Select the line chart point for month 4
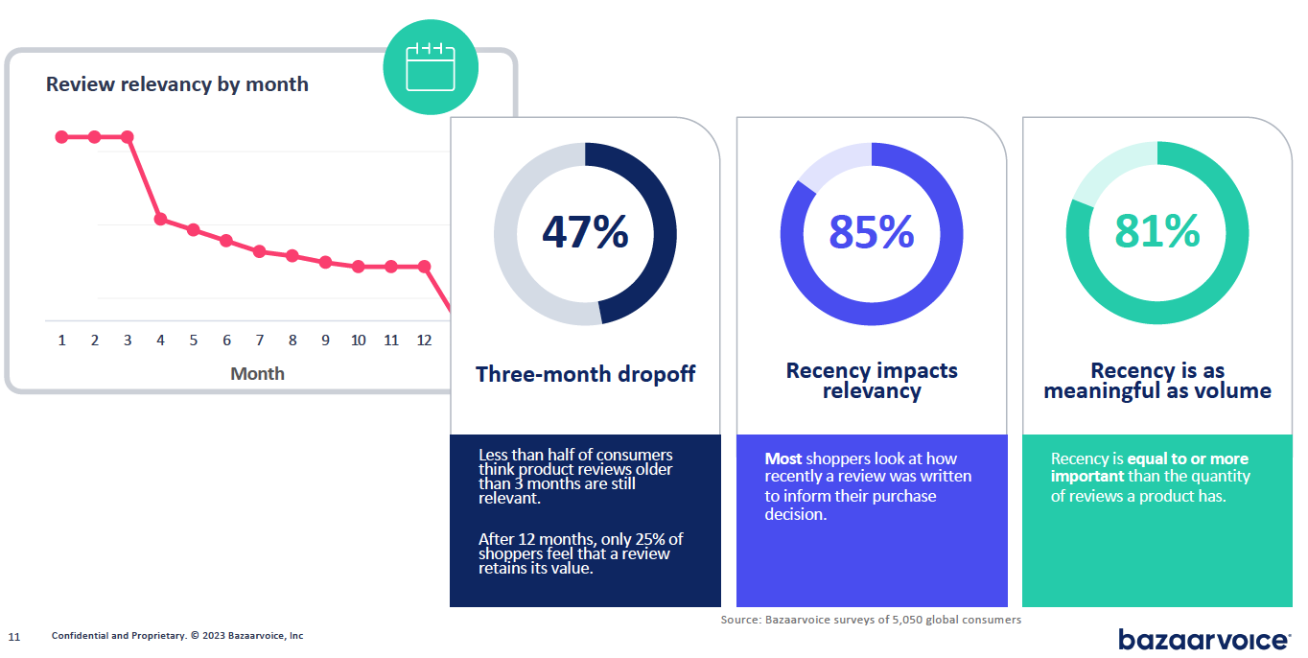160,220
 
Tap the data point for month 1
61,137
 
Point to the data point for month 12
425,267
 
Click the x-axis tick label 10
358,341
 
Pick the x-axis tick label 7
260,341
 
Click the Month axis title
258,374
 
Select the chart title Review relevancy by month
177,84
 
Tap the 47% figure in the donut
585,232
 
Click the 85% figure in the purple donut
872,232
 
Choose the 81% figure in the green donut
1157,231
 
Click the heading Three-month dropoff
585,374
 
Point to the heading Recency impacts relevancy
872,381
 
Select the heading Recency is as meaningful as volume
1157,381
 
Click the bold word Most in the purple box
783,458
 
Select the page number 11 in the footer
14,637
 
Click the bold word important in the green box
1087,477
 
